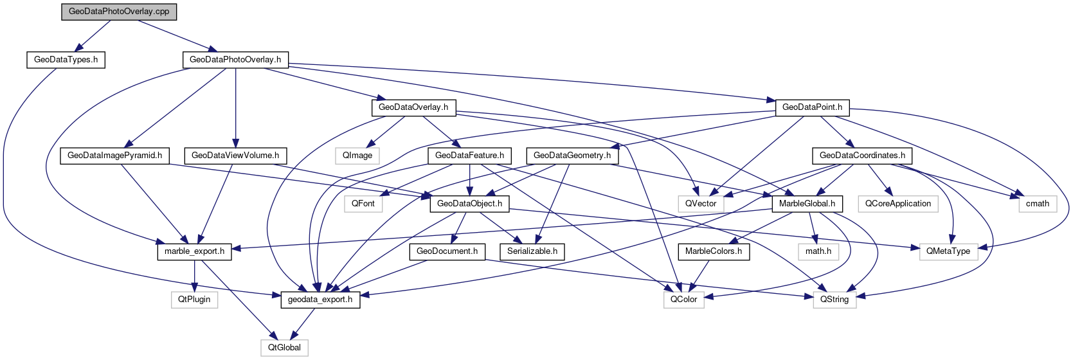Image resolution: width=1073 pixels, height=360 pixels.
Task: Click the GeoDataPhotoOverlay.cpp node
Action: (119, 12)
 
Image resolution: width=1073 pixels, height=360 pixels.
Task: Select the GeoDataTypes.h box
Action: (66, 60)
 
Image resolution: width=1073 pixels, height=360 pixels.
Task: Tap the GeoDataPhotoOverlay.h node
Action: (235, 60)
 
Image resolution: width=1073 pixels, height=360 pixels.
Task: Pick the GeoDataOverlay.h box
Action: (413, 107)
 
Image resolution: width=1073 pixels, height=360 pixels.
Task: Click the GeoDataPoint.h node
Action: (812, 107)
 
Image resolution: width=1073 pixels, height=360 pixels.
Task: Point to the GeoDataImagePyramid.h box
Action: (114, 156)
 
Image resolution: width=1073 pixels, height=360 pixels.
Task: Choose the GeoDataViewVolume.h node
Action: (235, 156)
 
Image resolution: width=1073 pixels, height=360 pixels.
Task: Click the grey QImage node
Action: (357, 156)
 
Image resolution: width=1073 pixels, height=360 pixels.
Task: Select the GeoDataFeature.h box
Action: (470, 156)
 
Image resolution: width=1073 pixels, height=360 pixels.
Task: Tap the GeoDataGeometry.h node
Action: (572, 156)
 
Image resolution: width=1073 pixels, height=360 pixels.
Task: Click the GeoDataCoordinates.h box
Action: (862, 156)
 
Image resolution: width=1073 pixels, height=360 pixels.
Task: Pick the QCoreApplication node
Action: (898, 204)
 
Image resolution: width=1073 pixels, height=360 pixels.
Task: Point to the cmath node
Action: (1037, 204)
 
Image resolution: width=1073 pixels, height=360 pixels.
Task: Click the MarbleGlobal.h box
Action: (807, 204)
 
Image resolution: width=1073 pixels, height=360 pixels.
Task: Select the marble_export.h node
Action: (194, 251)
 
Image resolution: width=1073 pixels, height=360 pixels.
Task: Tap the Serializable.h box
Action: (532, 251)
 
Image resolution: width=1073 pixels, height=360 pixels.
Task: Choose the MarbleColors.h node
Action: (714, 251)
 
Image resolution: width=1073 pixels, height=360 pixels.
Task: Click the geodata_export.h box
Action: (320, 300)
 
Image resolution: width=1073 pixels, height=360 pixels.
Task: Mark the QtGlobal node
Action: (284, 348)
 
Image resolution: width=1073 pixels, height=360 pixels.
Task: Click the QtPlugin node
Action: (194, 300)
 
